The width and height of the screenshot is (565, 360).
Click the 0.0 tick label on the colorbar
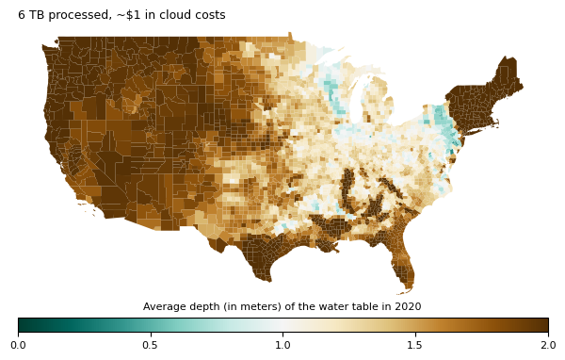coord(18,346)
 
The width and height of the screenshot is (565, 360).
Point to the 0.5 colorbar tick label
coord(151,346)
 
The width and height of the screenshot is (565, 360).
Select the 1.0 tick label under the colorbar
coord(283,346)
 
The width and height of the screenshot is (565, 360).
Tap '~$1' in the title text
coord(118,15)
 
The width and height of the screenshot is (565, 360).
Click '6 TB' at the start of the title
coord(30,15)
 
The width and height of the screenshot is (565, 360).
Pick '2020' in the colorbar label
coord(408,307)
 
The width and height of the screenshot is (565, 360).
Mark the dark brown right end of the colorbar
coord(543,325)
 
